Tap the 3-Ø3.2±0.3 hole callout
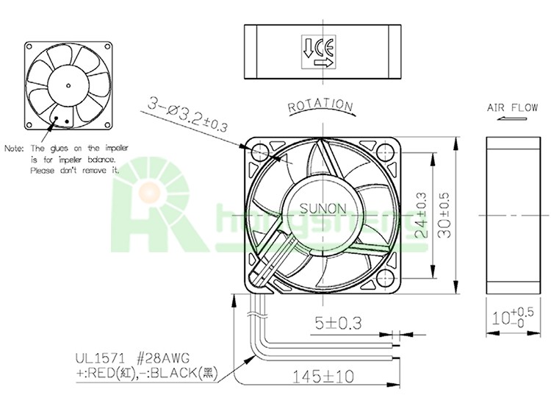pos(187,114)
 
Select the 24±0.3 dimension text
pos(422,215)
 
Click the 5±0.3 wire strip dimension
pos(339,323)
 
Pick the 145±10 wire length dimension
pos(323,377)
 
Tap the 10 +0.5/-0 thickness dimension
pos(512,318)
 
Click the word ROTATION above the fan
pos(320,105)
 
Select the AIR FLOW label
pos(512,107)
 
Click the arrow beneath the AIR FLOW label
pos(512,118)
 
